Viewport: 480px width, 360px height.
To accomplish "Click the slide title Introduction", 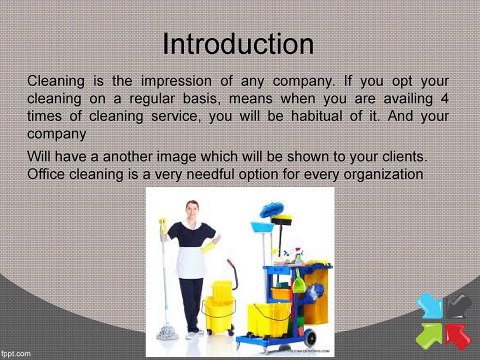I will tap(238, 45).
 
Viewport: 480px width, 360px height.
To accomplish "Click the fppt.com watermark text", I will tap(17, 352).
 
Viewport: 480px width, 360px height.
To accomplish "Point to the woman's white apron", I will tap(190, 263).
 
